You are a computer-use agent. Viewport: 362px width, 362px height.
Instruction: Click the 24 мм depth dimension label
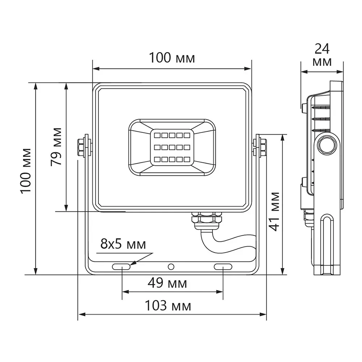tap(322, 55)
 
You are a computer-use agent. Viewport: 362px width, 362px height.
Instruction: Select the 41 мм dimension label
tap(275, 211)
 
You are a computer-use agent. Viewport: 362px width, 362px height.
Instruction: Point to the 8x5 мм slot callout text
tap(123, 244)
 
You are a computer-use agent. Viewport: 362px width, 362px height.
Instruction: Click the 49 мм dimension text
tap(167, 283)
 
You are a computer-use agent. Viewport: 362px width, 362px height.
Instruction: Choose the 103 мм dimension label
tap(168, 306)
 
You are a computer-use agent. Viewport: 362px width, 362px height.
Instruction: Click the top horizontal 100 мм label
tap(172, 58)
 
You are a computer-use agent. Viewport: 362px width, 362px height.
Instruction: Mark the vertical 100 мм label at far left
tap(26, 171)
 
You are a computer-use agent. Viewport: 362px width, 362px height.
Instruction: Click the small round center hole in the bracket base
tap(171, 267)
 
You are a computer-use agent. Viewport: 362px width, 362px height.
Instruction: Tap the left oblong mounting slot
tap(121, 267)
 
